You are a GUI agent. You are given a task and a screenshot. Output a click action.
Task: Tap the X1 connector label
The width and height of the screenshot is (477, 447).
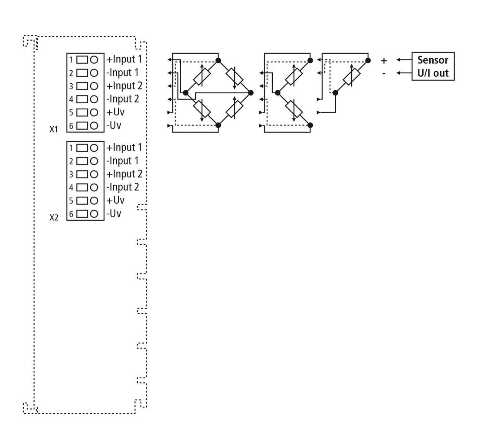pos(53,129)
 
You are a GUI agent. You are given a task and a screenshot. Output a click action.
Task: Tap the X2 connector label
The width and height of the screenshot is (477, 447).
pos(53,217)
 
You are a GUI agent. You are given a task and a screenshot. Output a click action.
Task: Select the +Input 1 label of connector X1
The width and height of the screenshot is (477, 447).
pos(124,59)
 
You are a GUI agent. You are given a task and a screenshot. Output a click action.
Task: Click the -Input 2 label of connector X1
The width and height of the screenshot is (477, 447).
pos(123,99)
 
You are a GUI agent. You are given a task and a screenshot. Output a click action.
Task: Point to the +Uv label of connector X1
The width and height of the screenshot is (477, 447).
pos(115,112)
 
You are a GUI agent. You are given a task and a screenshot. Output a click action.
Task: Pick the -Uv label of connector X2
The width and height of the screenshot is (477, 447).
pos(114,214)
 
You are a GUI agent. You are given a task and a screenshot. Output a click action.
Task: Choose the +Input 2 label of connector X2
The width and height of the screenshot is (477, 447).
pos(124,174)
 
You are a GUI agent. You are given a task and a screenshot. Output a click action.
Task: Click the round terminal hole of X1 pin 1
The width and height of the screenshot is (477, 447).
pos(94,60)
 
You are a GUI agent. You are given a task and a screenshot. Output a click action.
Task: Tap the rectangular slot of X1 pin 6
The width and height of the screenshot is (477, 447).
pos(82,126)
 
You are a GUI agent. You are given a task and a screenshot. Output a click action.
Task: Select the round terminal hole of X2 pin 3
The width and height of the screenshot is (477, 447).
pos(94,174)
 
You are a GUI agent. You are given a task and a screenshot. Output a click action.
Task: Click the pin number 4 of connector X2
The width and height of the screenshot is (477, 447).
pos(71,187)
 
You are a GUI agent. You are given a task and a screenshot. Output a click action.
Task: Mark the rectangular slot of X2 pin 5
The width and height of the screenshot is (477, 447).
pos(82,200)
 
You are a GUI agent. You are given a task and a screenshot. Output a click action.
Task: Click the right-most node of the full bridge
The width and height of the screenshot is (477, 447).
pos(251,93)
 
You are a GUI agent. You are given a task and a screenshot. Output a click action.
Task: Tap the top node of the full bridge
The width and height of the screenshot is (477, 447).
pos(218,60)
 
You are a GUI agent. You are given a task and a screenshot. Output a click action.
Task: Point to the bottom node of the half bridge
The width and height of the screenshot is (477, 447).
pos(310,125)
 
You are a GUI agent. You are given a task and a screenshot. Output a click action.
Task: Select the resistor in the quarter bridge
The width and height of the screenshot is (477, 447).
pos(352,77)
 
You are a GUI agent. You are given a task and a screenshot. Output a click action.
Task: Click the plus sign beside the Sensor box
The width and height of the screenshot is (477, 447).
pos(384,61)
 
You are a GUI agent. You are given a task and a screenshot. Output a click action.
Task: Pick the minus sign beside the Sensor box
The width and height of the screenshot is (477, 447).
pos(384,73)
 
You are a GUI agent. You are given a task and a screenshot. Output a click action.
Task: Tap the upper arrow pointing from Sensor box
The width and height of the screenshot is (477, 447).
pos(404,60)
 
